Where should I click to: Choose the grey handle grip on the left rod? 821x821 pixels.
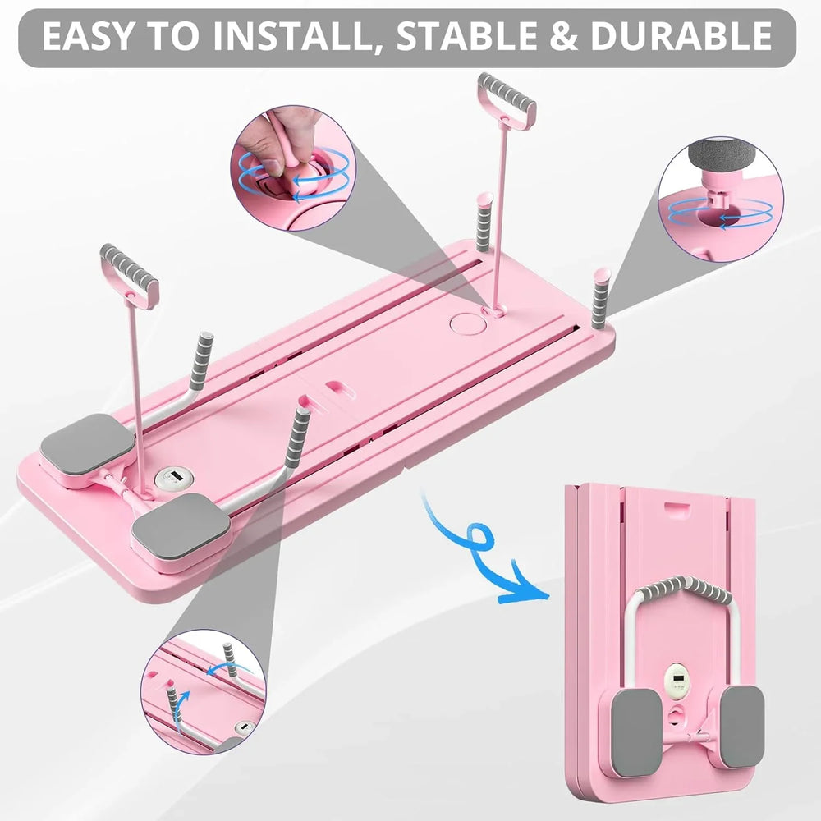pyautogui.click(x=130, y=276)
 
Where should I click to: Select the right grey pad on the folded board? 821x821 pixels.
pyautogui.click(x=741, y=726)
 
